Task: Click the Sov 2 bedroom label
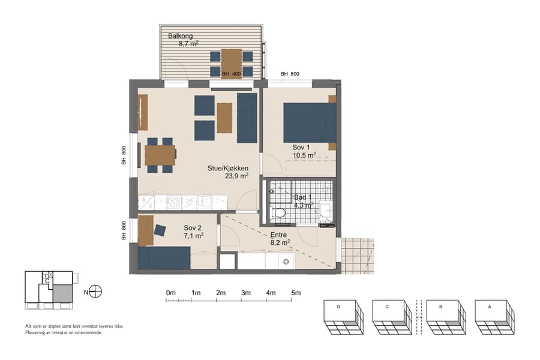point(193,228)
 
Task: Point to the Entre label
point(279,235)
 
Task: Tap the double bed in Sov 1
point(309,122)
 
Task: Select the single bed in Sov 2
point(164,258)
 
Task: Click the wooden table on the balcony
point(231,63)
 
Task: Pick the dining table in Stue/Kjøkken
point(160,155)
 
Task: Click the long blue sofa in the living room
point(247,118)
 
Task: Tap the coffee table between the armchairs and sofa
point(224,118)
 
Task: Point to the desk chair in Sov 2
point(160,230)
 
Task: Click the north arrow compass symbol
point(95,292)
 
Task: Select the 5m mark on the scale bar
point(296,293)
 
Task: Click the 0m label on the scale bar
point(170,293)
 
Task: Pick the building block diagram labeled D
point(343,317)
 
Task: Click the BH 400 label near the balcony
point(231,74)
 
